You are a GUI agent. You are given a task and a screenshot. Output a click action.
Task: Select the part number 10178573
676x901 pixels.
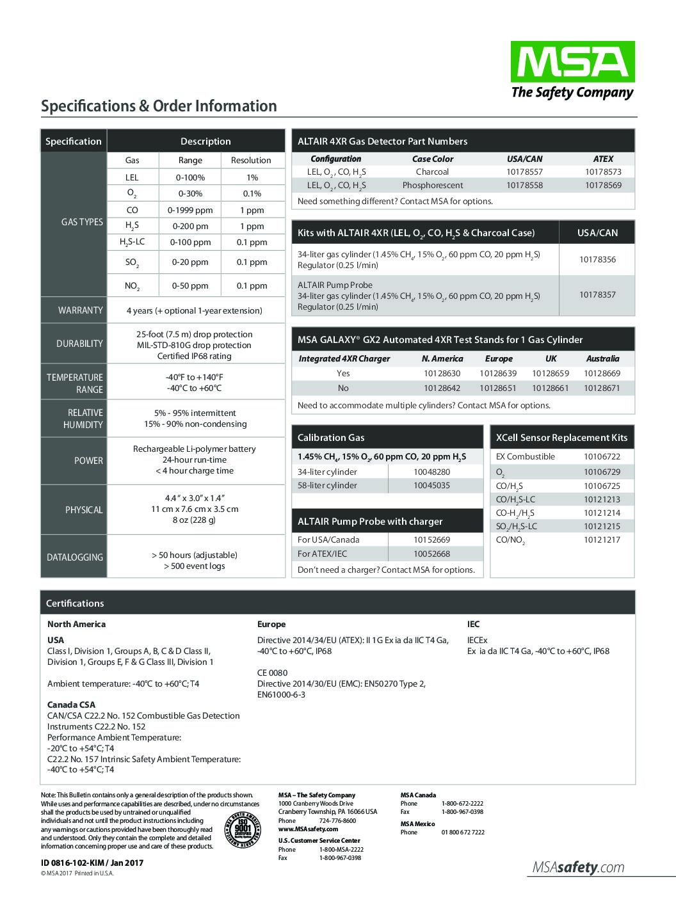pos(602,172)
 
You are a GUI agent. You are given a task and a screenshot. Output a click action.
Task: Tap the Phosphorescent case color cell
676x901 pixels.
pos(433,186)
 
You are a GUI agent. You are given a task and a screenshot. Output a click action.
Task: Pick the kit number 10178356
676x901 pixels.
pos(597,260)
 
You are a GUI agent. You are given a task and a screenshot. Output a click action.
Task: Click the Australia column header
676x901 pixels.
pos(602,359)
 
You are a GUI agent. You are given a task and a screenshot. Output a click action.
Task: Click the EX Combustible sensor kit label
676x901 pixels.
pos(526,457)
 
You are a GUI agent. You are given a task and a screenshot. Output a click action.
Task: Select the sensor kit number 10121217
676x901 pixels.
pos(602,540)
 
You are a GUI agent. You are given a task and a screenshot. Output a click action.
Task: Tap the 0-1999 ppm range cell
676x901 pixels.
pos(190,210)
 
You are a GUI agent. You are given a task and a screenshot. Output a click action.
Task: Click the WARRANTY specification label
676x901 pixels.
pos(81,310)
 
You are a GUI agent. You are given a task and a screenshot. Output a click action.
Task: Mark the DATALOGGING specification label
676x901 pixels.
pos(75,557)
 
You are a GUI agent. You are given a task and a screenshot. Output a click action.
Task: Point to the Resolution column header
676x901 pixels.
pos(251,161)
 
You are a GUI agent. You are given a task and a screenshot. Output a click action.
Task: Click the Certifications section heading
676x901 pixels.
pos(75,603)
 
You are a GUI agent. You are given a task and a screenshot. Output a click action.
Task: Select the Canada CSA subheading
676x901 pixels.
pos(71,705)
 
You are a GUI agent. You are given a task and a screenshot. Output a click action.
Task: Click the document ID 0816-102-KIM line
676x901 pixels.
pos(92,863)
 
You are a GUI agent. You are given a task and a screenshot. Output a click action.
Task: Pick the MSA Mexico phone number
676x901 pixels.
pos(462,833)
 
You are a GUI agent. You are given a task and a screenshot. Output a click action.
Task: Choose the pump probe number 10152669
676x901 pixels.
pos(431,540)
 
